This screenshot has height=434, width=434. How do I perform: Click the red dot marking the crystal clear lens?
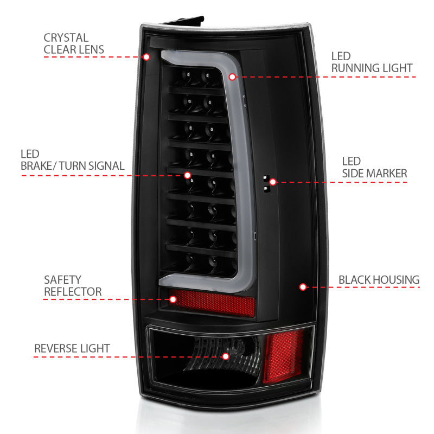point(146,57)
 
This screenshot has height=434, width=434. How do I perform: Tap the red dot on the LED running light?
point(233,77)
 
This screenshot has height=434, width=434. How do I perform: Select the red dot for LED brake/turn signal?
point(188,175)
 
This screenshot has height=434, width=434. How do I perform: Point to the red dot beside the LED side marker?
point(273,182)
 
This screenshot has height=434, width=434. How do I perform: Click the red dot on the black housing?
point(303,286)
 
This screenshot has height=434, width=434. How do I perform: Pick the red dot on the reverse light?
point(226,356)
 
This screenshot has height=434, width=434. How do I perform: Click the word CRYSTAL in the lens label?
point(66,38)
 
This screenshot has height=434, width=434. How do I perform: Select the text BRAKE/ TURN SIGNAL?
point(73,165)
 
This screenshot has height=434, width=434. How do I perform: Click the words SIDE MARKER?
point(374,173)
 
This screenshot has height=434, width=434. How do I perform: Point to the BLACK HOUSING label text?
point(379,280)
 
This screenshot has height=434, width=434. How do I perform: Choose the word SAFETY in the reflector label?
point(63,280)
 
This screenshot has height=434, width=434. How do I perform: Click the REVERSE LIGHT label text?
point(72,348)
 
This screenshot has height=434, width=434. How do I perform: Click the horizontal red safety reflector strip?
point(212,303)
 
